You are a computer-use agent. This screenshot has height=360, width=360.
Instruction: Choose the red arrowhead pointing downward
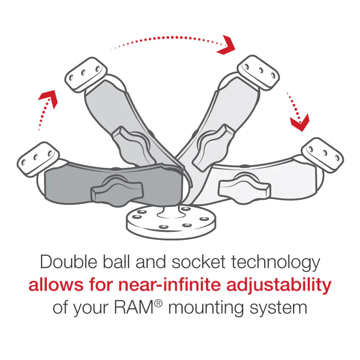coord(299,121)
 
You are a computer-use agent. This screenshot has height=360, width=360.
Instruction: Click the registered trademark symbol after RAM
coord(157,303)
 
